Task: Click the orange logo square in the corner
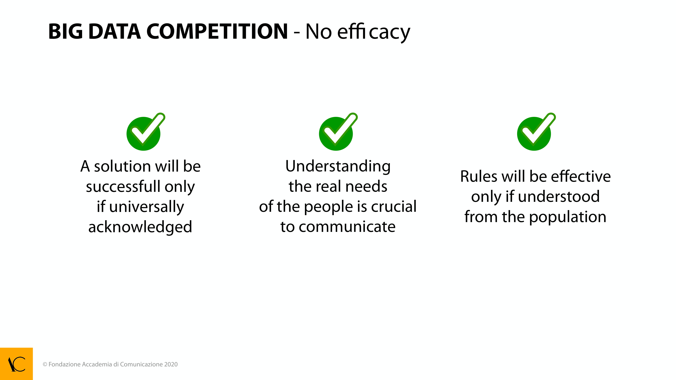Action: (16, 364)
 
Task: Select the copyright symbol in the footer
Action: (45, 364)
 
